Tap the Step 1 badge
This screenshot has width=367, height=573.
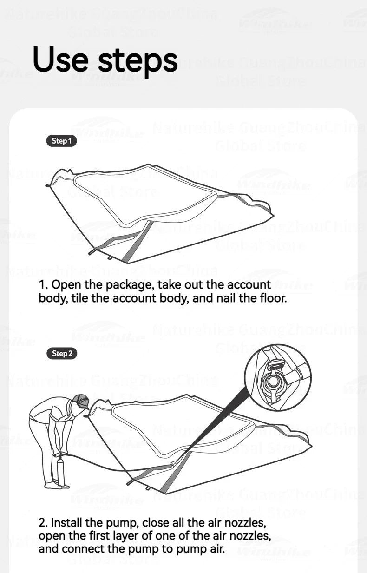click(61, 141)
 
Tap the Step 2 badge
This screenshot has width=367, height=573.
click(61, 354)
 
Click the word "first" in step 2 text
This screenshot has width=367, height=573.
click(111, 536)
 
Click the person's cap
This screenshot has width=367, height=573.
click(82, 401)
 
